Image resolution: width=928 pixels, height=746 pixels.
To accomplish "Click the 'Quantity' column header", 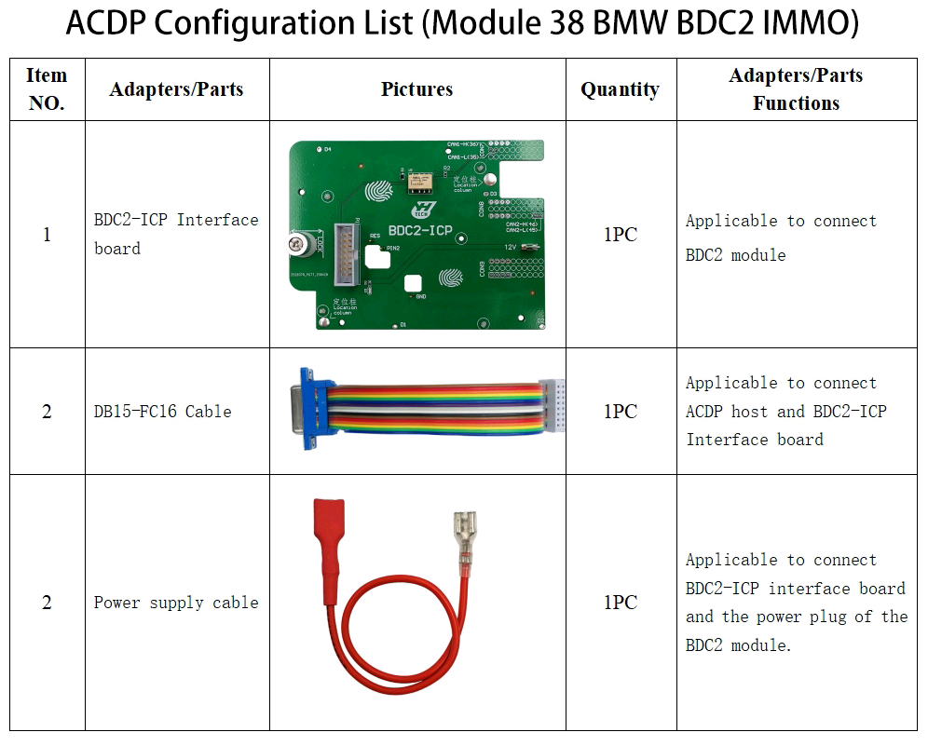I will point(620,89).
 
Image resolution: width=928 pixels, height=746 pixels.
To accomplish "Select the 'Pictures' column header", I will point(416,89).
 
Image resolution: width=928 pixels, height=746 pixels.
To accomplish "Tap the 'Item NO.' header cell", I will point(47,89).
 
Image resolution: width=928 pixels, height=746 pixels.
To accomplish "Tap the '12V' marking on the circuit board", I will point(511,246).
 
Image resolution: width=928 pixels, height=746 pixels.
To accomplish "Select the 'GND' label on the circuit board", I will point(420,296).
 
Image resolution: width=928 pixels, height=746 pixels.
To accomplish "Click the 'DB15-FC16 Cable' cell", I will point(162,412).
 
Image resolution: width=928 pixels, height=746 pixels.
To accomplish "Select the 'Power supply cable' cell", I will point(176,603).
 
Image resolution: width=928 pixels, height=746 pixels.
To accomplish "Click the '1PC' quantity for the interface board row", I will point(620,235).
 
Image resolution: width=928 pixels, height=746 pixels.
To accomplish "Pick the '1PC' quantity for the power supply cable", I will point(620,603).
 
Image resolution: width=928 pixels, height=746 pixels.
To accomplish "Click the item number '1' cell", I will point(47,235).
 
